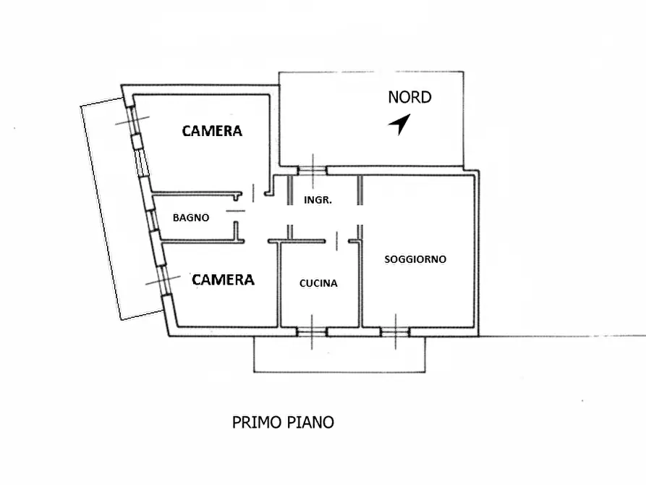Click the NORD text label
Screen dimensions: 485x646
tap(409, 97)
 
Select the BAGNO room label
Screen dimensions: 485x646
tap(191, 217)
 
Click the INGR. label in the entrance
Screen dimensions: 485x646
tap(318, 200)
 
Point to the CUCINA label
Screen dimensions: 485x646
tap(318, 284)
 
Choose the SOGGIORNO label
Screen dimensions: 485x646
tap(415, 258)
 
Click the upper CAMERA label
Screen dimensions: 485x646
tap(211, 131)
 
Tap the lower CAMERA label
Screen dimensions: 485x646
tap(223, 279)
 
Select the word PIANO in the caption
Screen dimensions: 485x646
tap(311, 422)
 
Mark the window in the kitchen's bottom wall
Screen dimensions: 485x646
tap(312, 332)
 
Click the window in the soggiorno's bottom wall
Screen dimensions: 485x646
tap(395, 332)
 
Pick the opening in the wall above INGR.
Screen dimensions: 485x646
tap(312, 171)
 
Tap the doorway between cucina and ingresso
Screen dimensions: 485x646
tap(337, 240)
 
